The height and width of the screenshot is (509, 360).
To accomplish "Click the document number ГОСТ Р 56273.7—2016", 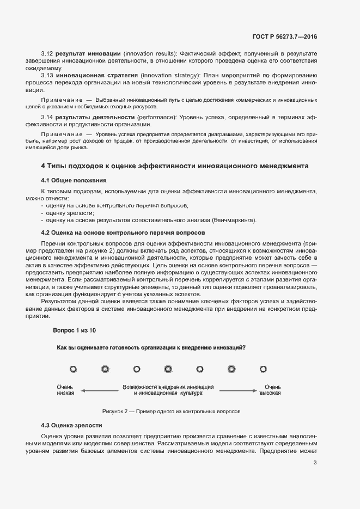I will tap(285, 36).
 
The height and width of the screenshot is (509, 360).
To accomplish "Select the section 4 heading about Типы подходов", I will tap(174, 165).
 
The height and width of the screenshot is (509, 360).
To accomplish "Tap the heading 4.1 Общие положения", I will tap(74, 180).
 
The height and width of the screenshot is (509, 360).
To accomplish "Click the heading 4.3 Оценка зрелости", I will tap(71, 425).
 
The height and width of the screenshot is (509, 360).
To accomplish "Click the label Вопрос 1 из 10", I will tap(75, 330).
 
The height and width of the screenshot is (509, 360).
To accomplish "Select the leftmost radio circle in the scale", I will tap(73, 369).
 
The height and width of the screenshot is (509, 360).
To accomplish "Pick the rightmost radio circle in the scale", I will tap(263, 369).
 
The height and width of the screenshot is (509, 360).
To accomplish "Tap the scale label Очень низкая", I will tap(65, 390).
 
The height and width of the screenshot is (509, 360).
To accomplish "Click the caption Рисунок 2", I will tap(171, 412).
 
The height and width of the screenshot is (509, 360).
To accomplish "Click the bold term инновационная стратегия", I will tap(96, 75).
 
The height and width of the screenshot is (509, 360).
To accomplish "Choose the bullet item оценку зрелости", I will tap(70, 213).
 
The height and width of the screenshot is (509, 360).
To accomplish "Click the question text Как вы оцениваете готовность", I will tap(151, 348).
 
